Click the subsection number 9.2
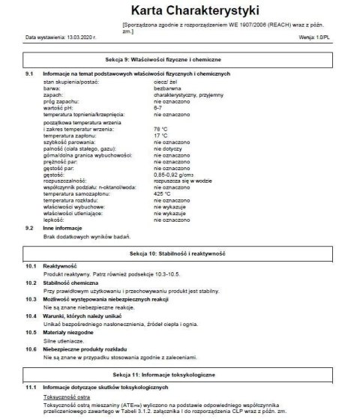tap(30, 226)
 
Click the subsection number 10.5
tap(31, 331)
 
